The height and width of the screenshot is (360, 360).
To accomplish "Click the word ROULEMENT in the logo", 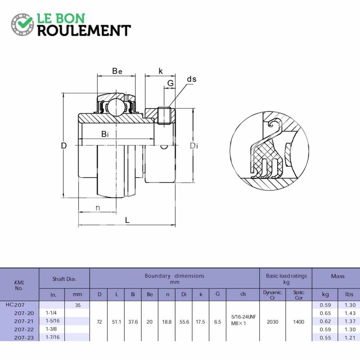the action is [x=84, y=31].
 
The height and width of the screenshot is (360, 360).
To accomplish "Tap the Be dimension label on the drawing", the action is [x=117, y=71].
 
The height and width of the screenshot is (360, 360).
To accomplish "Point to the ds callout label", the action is [x=192, y=79].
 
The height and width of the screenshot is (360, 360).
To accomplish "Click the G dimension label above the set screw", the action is [x=171, y=83].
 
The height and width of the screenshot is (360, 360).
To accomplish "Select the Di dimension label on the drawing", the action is [x=194, y=146].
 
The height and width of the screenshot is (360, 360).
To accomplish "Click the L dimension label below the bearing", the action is [x=127, y=220].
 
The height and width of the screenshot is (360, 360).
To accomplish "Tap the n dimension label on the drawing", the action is [x=98, y=208].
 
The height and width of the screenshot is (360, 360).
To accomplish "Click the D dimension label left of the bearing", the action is [x=64, y=145].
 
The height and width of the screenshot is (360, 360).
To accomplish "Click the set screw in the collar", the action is [x=164, y=116].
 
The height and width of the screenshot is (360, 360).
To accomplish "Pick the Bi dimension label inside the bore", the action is [x=105, y=134].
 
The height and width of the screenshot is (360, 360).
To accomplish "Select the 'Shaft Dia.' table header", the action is [x=64, y=279].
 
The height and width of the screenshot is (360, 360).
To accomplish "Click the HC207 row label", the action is [x=15, y=305].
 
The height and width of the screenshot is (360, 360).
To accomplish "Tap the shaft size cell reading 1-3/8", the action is [x=51, y=329].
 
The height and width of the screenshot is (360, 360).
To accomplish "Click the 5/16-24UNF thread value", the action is [x=243, y=317].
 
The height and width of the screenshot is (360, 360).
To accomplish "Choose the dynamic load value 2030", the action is [x=273, y=322].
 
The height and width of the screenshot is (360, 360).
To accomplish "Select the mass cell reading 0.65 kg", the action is [x=325, y=313].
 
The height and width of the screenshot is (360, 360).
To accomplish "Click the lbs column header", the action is [x=349, y=294].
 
